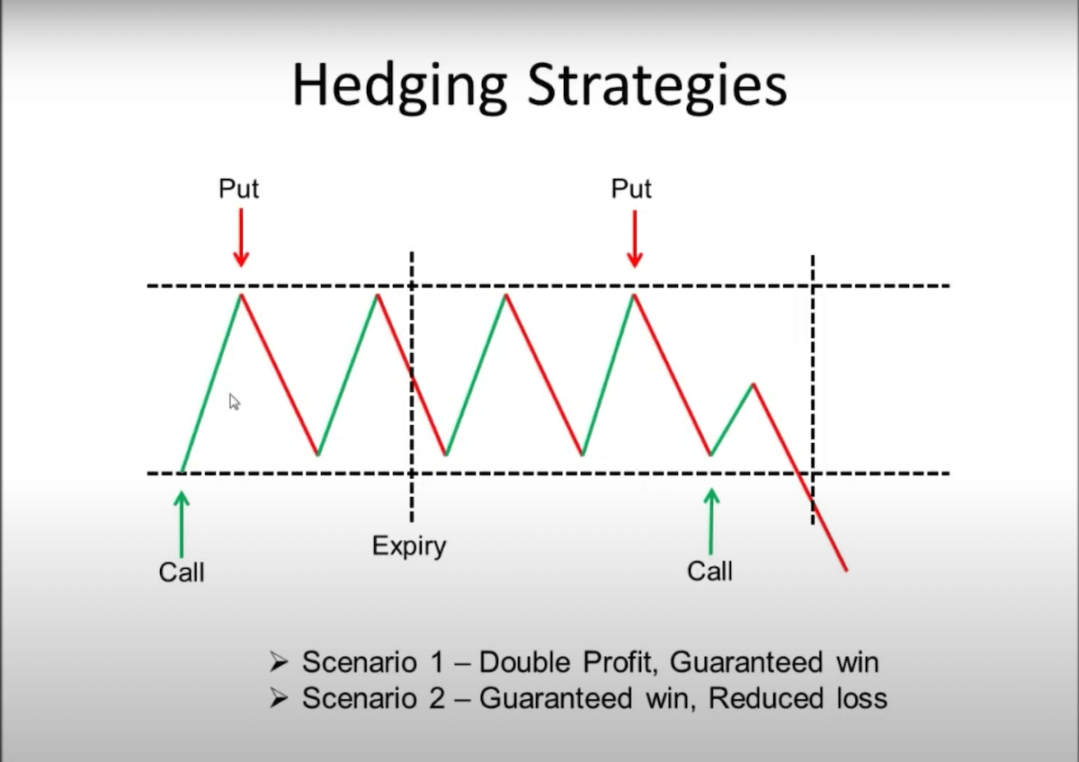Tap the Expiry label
tap(409, 545)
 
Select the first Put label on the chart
tap(239, 189)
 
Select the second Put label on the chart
tap(631, 189)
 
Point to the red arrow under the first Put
tap(240, 238)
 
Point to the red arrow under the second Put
tap(634, 238)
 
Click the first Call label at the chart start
tap(182, 572)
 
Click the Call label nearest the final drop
tap(709, 571)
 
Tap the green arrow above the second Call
tap(711, 522)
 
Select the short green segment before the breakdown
tap(732, 420)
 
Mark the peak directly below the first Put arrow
tap(240, 294)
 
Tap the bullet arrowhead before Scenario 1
tap(279, 663)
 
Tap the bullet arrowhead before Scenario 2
tap(279, 699)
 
